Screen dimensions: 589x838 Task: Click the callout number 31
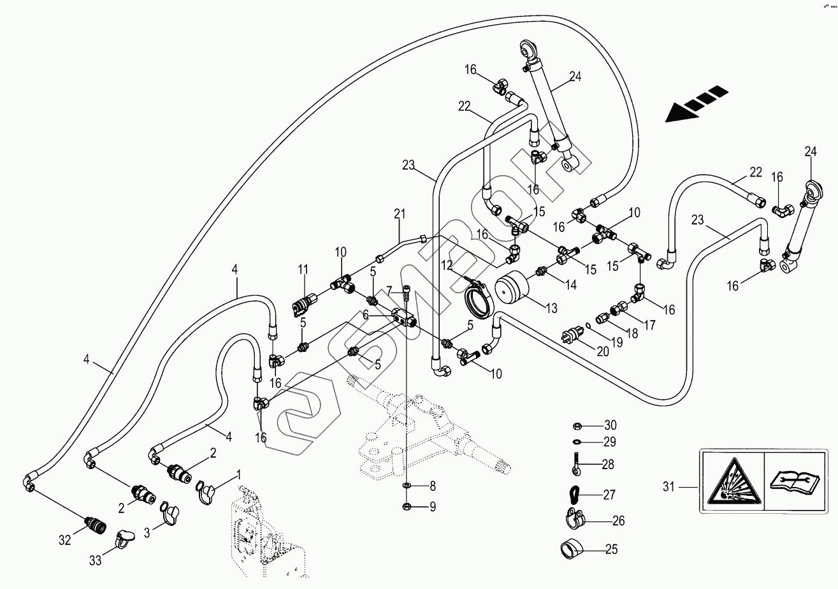pyautogui.click(x=668, y=487)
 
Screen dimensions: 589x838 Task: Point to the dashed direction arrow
pyautogui.click(x=697, y=103)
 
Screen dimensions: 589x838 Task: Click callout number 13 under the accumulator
pyautogui.click(x=552, y=309)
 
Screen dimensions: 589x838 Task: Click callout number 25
pyautogui.click(x=611, y=549)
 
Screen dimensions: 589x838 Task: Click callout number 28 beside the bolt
pyautogui.click(x=607, y=465)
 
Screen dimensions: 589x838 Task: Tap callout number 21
pyautogui.click(x=400, y=214)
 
